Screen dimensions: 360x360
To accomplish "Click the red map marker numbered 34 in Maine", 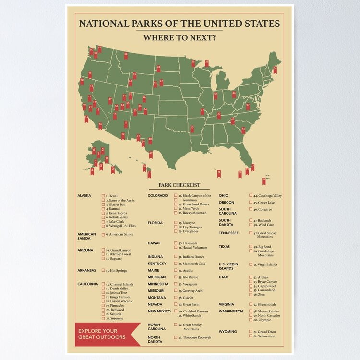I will click(275, 70).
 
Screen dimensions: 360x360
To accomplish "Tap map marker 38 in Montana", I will click(126, 56).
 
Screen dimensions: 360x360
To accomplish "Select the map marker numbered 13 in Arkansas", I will click(192, 129).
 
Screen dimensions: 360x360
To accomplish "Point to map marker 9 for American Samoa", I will click(219, 173).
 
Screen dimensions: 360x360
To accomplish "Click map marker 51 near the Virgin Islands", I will click(264, 180).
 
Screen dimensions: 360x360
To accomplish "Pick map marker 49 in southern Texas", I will click(151, 154).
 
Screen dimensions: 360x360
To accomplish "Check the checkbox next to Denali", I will click(103, 196).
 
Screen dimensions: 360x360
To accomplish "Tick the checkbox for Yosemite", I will click(103, 318).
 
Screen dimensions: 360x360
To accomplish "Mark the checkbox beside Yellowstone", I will click(251, 336).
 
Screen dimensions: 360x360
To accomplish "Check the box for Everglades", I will click(176, 232).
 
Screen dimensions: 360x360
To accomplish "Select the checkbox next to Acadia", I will click(176, 270).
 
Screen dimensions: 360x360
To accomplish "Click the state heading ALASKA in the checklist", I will click(84, 196).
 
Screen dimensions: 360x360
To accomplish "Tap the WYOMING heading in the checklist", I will click(228, 332).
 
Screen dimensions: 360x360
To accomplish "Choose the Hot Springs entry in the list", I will click(116, 270).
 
